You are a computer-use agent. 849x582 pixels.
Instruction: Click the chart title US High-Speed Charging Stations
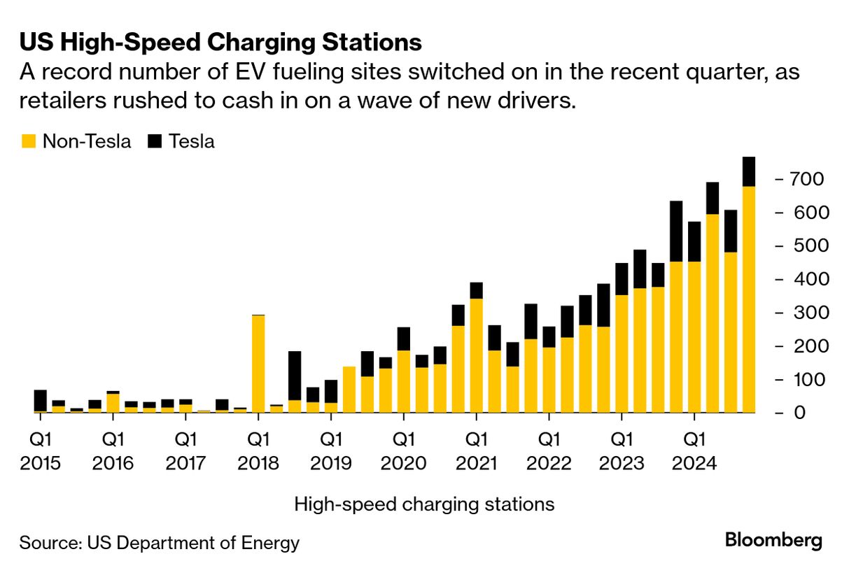(x=220, y=43)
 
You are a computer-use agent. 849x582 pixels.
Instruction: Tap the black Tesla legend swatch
(x=155, y=141)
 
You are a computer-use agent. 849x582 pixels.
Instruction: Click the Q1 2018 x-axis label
(x=258, y=452)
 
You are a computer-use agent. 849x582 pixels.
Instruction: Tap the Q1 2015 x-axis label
(x=41, y=452)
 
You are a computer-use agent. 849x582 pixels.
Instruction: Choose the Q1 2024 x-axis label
(x=694, y=452)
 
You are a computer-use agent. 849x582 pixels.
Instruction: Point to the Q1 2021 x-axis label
(x=476, y=452)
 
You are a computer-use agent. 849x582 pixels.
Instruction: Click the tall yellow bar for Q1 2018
(x=258, y=364)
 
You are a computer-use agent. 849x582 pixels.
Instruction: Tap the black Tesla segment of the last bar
(x=749, y=172)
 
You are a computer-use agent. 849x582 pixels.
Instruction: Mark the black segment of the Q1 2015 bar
(x=41, y=400)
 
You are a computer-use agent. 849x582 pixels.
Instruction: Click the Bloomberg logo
(x=773, y=540)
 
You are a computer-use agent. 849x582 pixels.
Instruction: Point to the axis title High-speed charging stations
(x=424, y=504)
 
